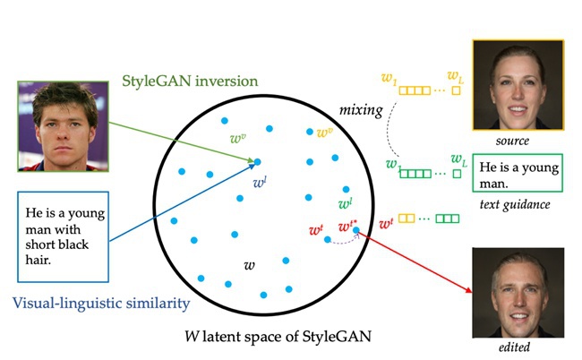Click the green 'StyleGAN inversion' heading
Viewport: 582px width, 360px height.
(x=190, y=81)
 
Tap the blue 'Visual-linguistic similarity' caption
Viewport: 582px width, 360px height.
(x=101, y=304)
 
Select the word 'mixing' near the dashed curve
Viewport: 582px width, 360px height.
(x=361, y=110)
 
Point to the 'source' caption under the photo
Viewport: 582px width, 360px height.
(x=512, y=141)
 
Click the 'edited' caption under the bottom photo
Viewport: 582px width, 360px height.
(x=514, y=347)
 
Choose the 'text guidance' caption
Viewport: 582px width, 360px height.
(x=515, y=204)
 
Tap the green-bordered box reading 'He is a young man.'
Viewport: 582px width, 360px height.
(x=518, y=173)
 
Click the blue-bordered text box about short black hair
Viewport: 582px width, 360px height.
(x=63, y=236)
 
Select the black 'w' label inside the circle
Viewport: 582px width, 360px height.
(x=250, y=265)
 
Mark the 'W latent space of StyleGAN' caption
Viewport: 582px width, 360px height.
(x=278, y=337)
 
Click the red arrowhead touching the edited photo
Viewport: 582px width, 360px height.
(x=469, y=291)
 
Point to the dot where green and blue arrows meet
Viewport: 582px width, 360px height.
(x=257, y=162)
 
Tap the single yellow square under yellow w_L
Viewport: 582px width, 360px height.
(x=456, y=90)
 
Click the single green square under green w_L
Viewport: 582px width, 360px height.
(x=458, y=174)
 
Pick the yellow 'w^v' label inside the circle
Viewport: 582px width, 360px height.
(x=325, y=133)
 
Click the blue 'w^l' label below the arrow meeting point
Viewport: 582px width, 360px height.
(x=260, y=182)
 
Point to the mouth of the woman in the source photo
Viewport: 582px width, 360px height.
(x=518, y=110)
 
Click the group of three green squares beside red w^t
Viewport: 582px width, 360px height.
(x=448, y=219)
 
